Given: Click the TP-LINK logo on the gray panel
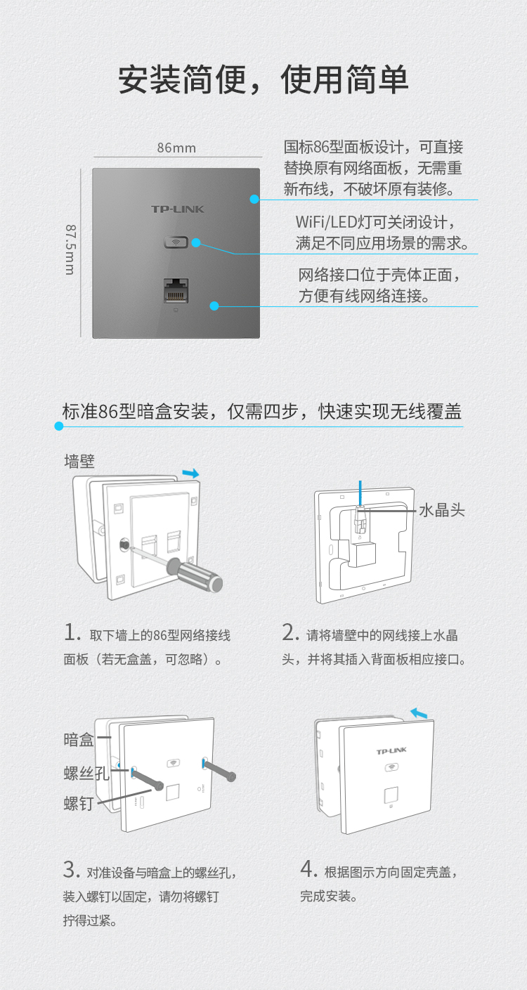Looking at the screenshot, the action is coord(177,209).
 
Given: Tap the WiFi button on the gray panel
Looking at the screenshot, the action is coord(176,242).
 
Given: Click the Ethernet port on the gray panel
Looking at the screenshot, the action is coord(176,290).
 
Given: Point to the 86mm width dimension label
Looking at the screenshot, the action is coord(176,148).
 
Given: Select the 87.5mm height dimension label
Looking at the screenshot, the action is coord(71,249).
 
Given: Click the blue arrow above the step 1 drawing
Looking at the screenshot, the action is coord(191,474).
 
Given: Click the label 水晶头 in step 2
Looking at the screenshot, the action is coord(442,510).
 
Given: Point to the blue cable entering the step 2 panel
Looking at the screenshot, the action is coord(360,493).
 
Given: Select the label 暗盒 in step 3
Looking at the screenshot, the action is coord(79,739).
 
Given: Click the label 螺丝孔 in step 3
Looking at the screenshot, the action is coord(86,774).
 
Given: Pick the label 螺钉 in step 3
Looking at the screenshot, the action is coord(79,804).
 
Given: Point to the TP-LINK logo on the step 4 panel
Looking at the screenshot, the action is coord(391,751).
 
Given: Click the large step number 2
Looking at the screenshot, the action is coord(290,632).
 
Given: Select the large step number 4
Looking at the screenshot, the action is coord(308,868).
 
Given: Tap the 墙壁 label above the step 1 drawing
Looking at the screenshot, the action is coord(79,462).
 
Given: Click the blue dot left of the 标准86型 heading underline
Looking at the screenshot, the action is coord(59,426).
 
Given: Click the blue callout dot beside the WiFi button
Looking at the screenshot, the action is coord(196,242).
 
